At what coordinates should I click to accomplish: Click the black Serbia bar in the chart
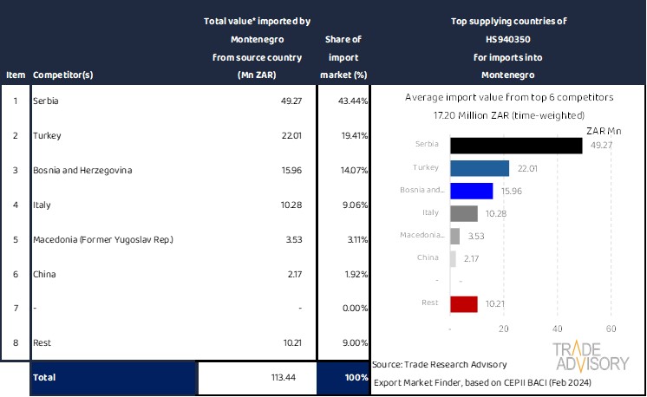[517, 146]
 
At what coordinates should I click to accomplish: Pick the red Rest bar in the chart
[465, 304]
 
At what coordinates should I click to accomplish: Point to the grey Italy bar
[465, 213]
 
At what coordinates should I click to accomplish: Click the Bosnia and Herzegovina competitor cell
[82, 170]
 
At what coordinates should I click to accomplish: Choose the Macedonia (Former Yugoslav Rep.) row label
[103, 239]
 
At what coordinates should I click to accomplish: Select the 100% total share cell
[343, 378]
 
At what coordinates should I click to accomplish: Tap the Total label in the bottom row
[45, 378]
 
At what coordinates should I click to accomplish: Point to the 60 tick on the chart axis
[611, 329]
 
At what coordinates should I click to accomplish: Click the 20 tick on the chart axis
[504, 329]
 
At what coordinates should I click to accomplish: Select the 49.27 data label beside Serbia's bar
[601, 145]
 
